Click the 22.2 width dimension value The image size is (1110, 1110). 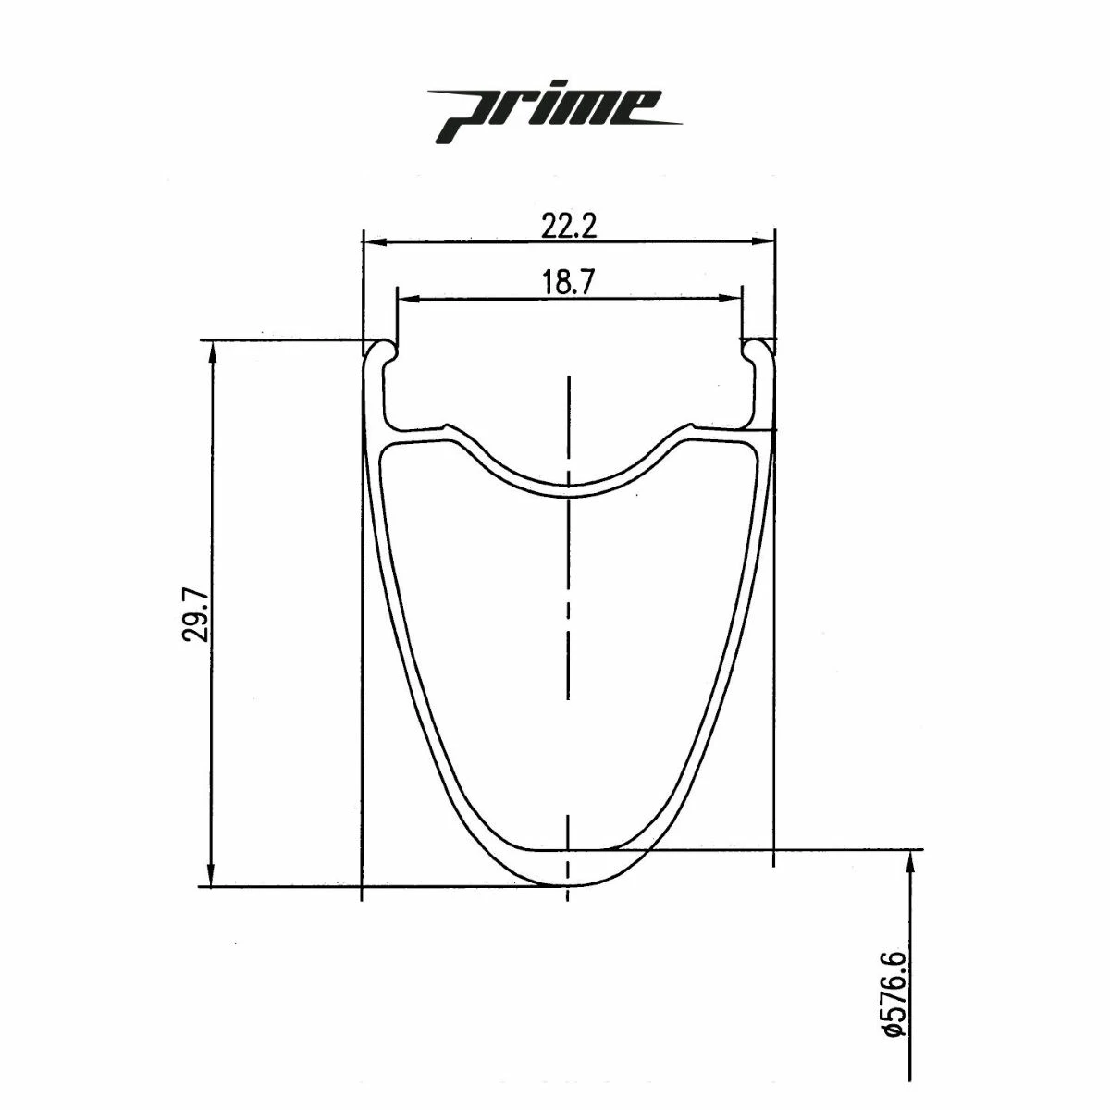pyautogui.click(x=569, y=226)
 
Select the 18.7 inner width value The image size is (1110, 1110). pyautogui.click(x=569, y=283)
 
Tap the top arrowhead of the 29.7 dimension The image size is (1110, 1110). pyautogui.click(x=213, y=351)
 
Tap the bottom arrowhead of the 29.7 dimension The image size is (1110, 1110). pyautogui.click(x=213, y=876)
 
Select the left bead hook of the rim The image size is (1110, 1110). pyautogui.click(x=382, y=352)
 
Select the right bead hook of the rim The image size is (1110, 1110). pyautogui.click(x=756, y=352)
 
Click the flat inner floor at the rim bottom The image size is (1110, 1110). pyautogui.click(x=568, y=848)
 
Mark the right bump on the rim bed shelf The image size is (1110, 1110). pyautogui.click(x=689, y=427)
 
